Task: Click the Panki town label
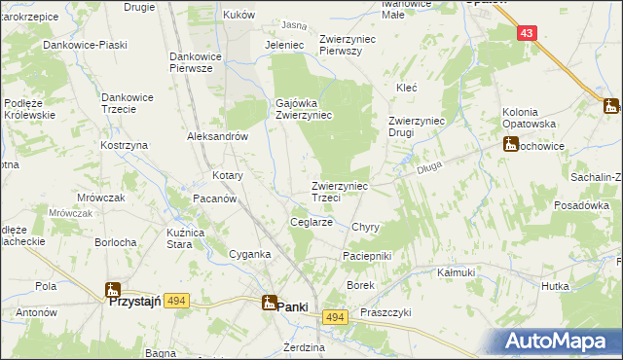293,306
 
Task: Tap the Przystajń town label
147,302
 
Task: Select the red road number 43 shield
527,33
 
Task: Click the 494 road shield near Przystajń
176,302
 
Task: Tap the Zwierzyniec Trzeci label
340,192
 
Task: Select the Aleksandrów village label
219,137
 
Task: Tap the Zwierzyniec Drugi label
417,126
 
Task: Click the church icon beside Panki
267,304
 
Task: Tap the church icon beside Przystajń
113,290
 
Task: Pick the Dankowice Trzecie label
128,104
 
